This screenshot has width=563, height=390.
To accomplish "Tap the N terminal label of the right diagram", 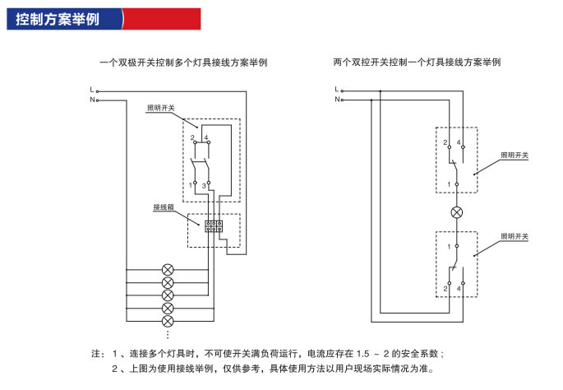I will pos(337,100).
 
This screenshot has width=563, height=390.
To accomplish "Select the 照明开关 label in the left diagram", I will pos(160,108).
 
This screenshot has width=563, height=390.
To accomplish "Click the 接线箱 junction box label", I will pos(163,207).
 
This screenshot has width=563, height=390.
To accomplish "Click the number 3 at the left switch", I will pos(203,188).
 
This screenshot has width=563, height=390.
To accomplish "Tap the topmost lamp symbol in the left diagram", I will pos(168,270).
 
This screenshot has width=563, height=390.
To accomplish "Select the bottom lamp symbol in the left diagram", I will pos(168,320).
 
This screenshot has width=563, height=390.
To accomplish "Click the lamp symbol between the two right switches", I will pos(457,212).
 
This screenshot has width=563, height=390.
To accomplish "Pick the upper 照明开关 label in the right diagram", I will pos(515,156).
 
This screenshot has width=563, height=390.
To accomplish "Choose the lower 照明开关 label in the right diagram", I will pos(515,237).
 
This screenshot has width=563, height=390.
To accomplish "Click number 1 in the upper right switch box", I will pos(449,184).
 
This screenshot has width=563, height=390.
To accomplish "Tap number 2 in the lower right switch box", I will pos(445,289).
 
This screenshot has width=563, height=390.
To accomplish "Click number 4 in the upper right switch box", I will pos(459,144).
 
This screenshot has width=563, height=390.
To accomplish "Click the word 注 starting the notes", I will pos(96,354).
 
